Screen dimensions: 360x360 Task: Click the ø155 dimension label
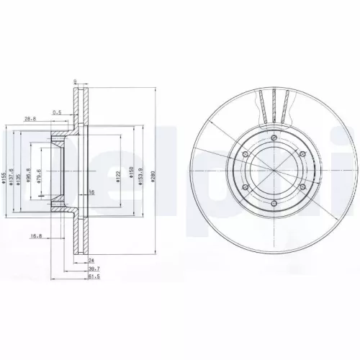pos(4,180)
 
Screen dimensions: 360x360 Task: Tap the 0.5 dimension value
pos(57,112)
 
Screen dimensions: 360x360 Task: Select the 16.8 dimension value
pos(34,235)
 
